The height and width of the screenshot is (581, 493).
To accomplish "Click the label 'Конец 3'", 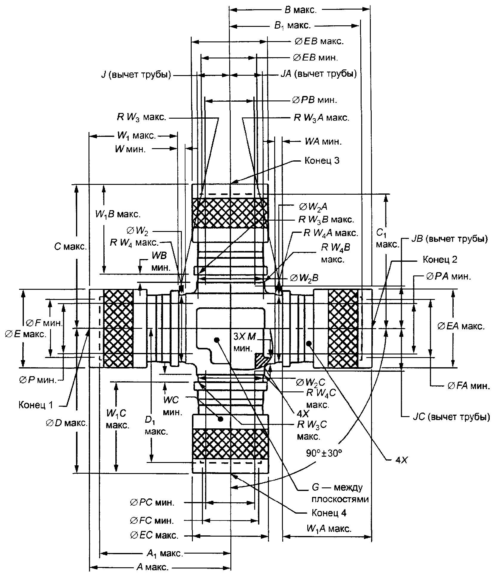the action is (322, 161).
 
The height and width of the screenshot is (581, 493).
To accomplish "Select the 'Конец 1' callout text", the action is (36, 405).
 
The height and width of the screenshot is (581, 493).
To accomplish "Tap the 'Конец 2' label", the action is (440, 259).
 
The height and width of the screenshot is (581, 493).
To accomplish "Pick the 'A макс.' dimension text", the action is (152, 567).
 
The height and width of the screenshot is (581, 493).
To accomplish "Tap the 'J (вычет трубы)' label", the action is (136, 75).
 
